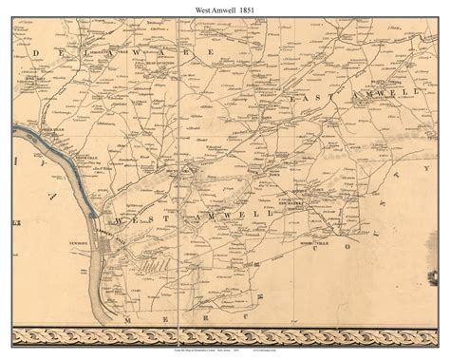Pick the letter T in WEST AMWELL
click(x=176, y=216)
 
